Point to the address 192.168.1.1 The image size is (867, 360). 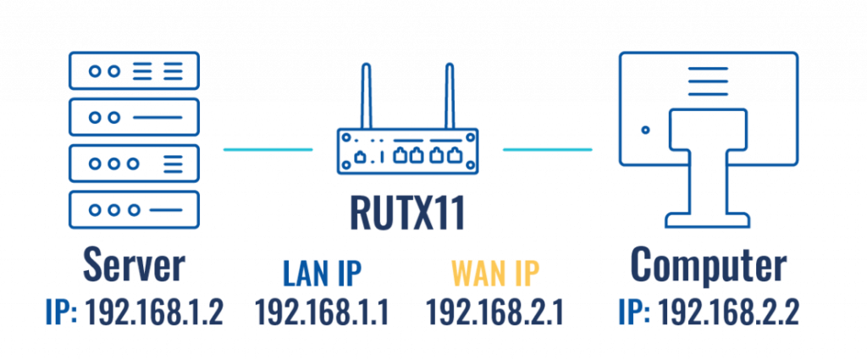click(322, 312)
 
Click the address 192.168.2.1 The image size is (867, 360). click(495, 312)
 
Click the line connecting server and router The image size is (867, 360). click(267, 150)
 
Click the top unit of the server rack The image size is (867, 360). click(134, 70)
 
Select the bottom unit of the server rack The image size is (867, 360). click(134, 208)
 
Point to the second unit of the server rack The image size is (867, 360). click(134, 116)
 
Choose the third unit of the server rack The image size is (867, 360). click(134, 163)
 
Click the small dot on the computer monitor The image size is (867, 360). click(646, 130)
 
